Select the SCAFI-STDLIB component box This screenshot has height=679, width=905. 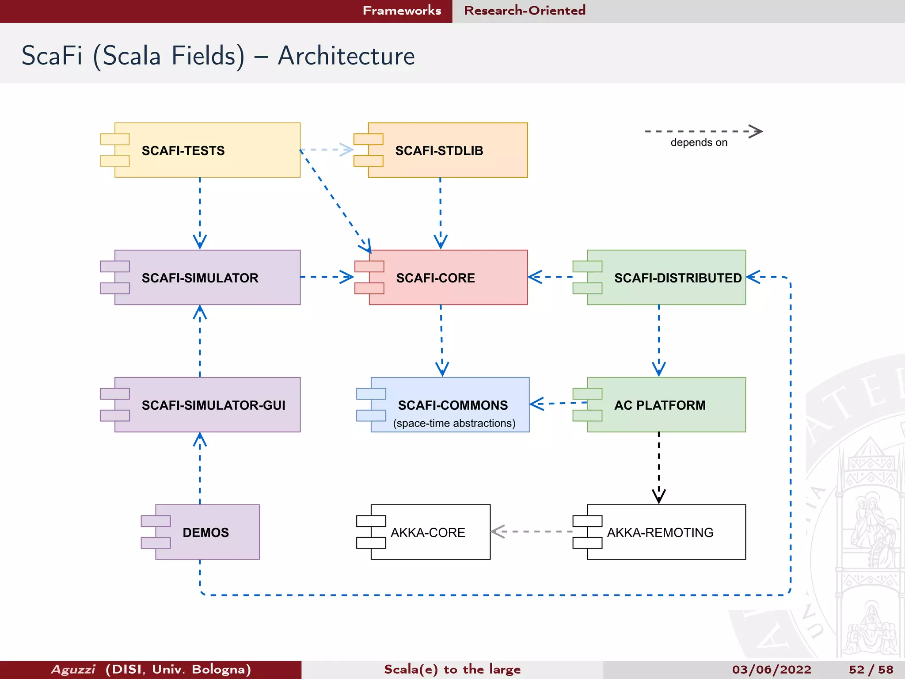447,150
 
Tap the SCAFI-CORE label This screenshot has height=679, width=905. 435,278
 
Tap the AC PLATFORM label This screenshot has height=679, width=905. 660,405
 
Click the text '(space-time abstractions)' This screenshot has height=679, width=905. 454,423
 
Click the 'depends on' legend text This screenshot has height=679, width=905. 699,143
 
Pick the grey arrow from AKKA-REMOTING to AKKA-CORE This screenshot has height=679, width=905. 530,531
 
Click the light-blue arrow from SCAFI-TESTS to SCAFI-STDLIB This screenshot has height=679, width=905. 327,149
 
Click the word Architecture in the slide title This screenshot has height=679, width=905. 346,56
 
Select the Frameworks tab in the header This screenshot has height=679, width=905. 402,11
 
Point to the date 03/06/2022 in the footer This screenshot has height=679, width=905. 772,670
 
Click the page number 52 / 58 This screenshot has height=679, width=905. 871,670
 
